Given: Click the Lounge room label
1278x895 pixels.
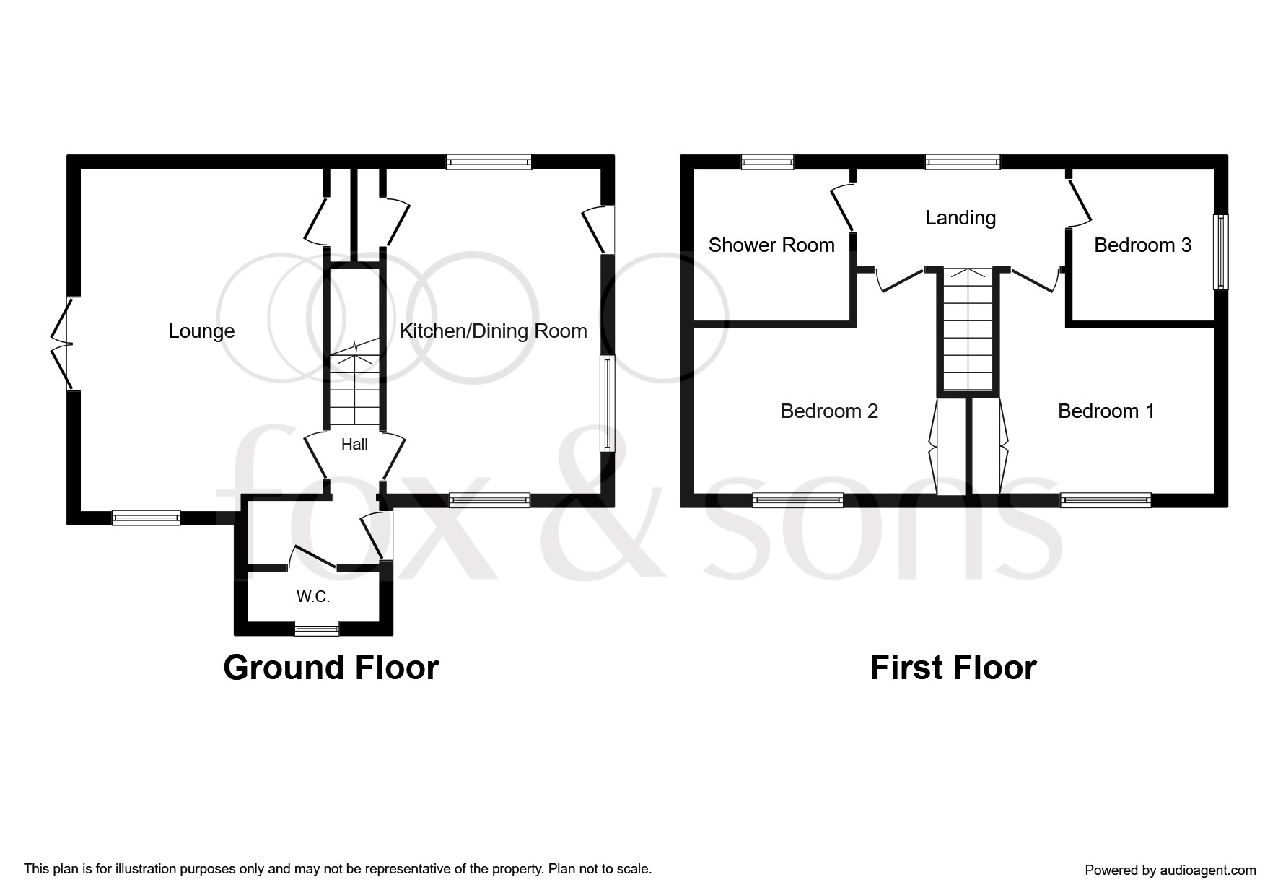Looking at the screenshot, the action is [x=201, y=331].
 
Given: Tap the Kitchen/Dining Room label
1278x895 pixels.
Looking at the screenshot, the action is [x=493, y=331].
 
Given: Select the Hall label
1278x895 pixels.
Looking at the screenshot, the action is [x=354, y=445].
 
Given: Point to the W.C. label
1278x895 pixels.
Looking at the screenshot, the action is [x=313, y=597].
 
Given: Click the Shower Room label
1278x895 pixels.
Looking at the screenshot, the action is [x=771, y=245].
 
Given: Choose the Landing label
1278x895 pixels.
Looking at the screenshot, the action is [x=960, y=218].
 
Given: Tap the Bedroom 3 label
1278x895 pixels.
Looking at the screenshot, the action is [x=1142, y=245].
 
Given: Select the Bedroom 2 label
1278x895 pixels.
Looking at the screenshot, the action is [x=829, y=411].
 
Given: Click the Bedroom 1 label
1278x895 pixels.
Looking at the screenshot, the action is [x=1106, y=411].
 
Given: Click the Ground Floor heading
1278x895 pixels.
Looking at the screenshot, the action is [x=331, y=668].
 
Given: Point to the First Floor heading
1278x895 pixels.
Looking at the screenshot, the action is [x=953, y=668].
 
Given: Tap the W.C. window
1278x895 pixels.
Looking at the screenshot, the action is [x=317, y=629].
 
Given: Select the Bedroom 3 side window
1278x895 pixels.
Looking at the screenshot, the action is [x=1221, y=252].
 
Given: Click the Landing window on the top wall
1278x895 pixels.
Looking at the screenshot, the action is [x=963, y=162].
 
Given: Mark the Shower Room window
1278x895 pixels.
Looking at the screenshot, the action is [x=768, y=162].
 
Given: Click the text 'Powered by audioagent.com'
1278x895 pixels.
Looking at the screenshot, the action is [x=1170, y=870].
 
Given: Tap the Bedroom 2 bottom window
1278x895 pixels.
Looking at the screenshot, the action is [x=798, y=500].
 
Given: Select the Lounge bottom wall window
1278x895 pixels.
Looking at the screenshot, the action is [x=146, y=518].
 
